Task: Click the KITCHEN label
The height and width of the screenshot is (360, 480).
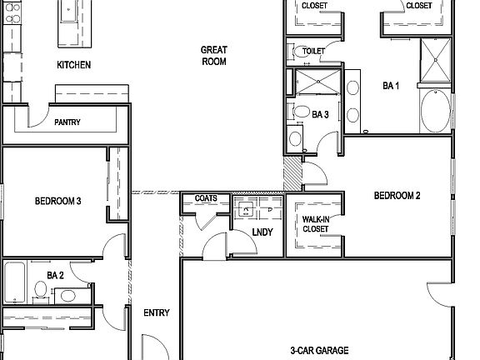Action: (x=73, y=65)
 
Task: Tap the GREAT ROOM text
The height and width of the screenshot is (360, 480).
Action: (x=214, y=56)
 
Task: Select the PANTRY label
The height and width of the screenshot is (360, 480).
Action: (x=67, y=122)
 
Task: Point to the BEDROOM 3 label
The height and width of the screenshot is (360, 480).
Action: (x=57, y=201)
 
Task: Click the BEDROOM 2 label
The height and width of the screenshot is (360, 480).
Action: (x=397, y=196)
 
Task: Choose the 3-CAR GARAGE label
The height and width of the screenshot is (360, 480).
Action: (x=319, y=350)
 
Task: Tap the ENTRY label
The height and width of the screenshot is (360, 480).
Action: (x=157, y=313)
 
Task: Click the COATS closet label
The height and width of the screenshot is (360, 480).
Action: (x=206, y=198)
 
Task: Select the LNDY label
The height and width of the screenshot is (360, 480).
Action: (x=262, y=232)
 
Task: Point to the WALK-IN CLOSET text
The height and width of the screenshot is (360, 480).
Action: (x=315, y=223)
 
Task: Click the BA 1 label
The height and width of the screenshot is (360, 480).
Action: (x=391, y=85)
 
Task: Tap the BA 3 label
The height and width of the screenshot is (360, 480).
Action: (x=320, y=115)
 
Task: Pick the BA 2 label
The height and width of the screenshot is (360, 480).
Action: (x=56, y=274)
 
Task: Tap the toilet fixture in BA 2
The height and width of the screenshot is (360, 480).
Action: (x=39, y=289)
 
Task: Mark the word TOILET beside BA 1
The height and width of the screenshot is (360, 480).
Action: (x=313, y=51)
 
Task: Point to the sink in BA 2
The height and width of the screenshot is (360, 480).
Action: (x=69, y=293)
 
